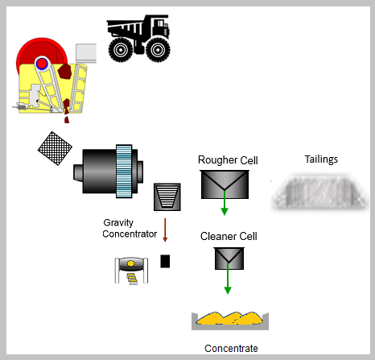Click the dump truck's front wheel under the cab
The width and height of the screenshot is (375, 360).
coord(158,50)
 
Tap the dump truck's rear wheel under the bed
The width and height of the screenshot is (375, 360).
coord(121,50)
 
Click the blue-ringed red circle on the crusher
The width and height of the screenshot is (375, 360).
coord(42,64)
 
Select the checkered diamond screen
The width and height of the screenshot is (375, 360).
coord(55,148)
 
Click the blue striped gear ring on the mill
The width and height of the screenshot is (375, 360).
coord(124,172)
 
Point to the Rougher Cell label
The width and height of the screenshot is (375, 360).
coord(228,160)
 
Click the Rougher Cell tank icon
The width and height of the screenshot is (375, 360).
coord(225,184)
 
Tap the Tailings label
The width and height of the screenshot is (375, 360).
coord(321,159)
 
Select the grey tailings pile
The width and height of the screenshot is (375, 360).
coord(319,192)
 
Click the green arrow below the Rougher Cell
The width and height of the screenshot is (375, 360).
coord(225,203)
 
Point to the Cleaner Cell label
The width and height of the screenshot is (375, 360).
coord(229,237)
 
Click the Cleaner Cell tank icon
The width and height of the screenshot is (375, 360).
coord(229,259)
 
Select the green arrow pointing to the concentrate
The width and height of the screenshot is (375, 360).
coord(228,278)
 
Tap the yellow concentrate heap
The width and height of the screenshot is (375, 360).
coord(230,318)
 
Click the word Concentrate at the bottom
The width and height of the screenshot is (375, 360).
coord(231,349)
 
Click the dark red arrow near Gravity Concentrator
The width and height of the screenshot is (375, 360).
coord(165,230)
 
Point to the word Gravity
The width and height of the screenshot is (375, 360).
coord(118,223)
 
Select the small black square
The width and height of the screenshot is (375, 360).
coord(165,261)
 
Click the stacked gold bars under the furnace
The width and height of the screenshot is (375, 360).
coord(132,279)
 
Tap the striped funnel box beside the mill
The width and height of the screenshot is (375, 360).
coord(167,197)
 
